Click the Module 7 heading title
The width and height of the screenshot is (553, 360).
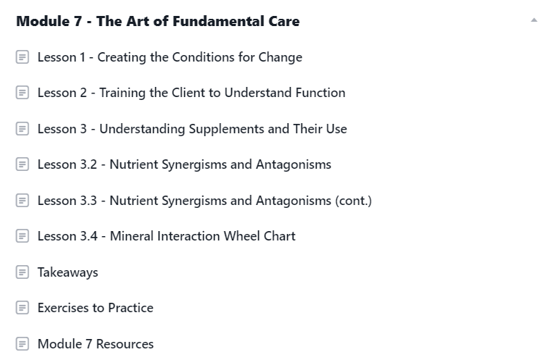click(158, 21)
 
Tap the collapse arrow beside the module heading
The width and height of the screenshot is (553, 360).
click(534, 20)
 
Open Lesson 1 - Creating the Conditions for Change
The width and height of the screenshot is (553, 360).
click(170, 57)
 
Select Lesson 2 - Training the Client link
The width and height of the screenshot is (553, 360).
click(191, 93)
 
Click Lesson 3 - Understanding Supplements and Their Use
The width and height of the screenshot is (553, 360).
click(192, 129)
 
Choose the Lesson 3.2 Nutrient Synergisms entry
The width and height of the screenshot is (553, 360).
click(184, 164)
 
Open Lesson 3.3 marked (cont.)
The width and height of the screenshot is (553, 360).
click(204, 201)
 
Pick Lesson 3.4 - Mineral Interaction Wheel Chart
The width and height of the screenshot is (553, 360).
click(167, 236)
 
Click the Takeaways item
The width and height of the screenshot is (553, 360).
click(67, 272)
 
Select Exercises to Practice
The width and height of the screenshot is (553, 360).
click(96, 308)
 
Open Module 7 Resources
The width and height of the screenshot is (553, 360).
click(96, 344)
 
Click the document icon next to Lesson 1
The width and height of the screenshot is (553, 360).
click(22, 57)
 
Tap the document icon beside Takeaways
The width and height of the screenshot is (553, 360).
click(22, 272)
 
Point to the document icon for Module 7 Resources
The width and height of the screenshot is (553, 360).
click(22, 344)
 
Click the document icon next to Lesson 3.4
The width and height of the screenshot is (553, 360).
click(22, 236)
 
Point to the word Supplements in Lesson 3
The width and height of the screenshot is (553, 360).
click(226, 130)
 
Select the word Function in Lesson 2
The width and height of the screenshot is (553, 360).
click(320, 93)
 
